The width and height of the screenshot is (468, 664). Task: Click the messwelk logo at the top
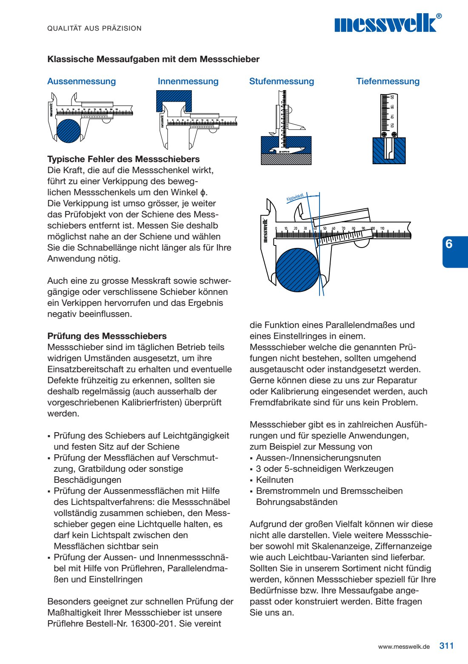387,23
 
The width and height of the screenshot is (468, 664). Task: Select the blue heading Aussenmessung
81,81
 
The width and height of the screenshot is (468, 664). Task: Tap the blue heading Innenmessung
188,81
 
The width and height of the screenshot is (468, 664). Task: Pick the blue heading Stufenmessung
282,81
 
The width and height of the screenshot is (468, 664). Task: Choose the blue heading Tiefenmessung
388,81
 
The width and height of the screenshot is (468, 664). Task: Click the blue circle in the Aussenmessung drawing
68,131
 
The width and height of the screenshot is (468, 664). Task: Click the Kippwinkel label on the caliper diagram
295,198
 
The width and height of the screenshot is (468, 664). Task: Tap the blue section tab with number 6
454,251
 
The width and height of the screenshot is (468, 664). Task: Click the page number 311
446,646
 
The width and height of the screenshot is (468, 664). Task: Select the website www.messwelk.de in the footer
404,647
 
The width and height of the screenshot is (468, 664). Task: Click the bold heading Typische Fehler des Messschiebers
123,159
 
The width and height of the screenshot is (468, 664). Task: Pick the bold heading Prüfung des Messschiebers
107,336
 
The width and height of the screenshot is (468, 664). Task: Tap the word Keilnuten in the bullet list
275,480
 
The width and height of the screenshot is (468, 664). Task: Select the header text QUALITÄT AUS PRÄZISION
94,28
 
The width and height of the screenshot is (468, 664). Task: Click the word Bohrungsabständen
297,502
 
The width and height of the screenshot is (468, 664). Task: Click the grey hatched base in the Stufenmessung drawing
286,159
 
